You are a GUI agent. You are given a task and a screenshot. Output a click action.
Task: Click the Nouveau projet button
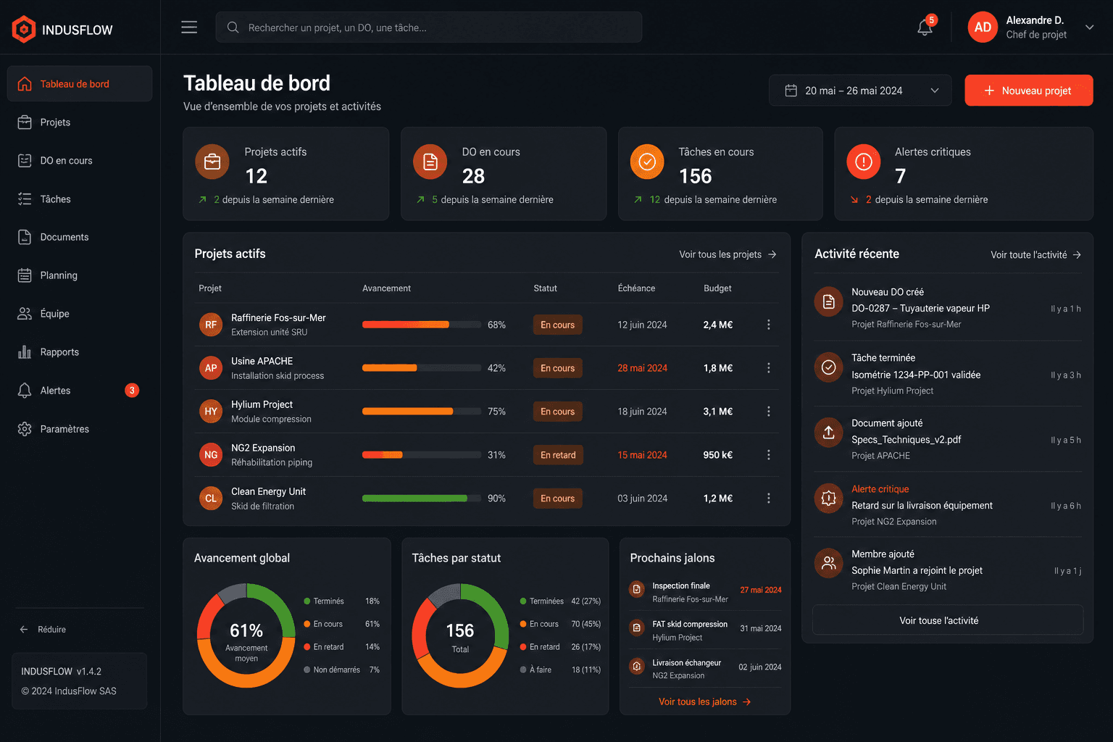(1028, 91)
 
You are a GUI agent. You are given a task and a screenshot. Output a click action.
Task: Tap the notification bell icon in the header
(925, 28)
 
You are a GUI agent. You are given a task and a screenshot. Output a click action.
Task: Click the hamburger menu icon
(189, 28)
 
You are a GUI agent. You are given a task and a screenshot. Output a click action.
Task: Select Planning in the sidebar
(59, 275)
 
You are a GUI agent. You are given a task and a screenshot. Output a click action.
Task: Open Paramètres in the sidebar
(64, 429)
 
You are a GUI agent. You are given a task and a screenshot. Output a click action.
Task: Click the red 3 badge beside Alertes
(132, 391)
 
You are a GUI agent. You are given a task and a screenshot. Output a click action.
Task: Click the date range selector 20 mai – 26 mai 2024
(860, 91)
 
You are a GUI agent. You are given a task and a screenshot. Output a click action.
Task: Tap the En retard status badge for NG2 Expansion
(558, 455)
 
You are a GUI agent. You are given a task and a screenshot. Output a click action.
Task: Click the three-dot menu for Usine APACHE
(769, 368)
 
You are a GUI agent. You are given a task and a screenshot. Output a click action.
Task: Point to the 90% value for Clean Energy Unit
(496, 499)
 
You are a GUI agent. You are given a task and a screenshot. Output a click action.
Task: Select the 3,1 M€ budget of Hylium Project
(717, 412)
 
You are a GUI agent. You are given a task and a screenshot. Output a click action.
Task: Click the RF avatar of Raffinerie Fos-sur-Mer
(211, 325)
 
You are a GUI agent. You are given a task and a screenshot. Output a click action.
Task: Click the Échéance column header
(636, 288)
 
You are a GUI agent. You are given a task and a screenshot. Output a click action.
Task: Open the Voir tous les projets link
(728, 254)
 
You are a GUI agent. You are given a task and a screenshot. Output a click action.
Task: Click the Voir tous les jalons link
(704, 701)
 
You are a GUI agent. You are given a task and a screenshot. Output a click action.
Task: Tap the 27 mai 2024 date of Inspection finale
(761, 590)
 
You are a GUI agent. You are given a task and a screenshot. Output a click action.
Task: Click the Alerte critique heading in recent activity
(880, 489)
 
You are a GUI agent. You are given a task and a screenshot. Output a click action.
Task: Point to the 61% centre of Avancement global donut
(246, 630)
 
